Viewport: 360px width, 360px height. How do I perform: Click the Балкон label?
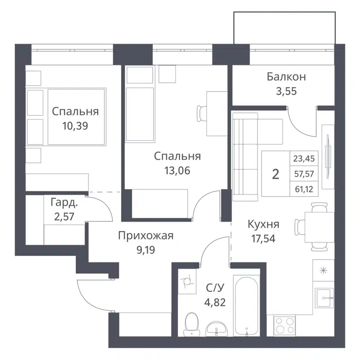(x=286, y=77)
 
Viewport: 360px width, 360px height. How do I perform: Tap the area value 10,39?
(x=75, y=126)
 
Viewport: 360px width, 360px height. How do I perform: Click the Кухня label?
(x=264, y=224)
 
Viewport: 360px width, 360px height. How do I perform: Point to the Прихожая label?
(x=146, y=235)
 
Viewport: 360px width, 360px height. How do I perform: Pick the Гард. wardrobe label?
(x=63, y=203)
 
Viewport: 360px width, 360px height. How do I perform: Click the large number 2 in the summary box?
(x=276, y=175)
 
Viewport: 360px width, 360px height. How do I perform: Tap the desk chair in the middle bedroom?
(x=201, y=112)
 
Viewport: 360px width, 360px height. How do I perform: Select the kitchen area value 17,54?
(x=264, y=238)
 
